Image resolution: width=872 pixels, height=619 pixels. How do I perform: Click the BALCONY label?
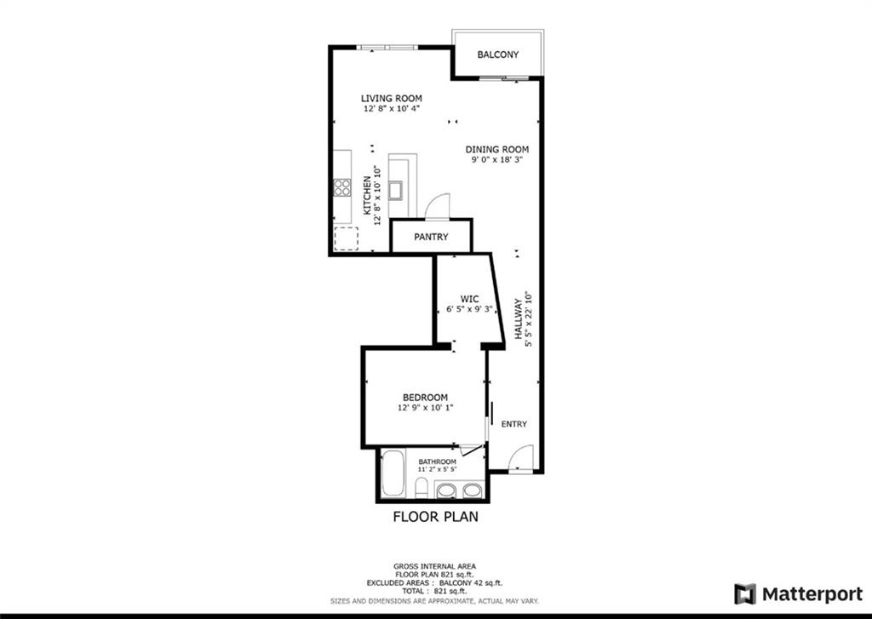click(x=497, y=54)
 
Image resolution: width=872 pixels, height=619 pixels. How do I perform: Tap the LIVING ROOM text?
click(x=391, y=99)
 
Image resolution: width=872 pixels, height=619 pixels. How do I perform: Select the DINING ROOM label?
click(x=497, y=149)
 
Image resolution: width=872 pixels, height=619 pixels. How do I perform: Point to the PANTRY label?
click(x=431, y=237)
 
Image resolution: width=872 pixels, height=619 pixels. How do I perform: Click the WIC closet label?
click(x=469, y=299)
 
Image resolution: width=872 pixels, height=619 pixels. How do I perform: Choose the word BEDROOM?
click(x=425, y=398)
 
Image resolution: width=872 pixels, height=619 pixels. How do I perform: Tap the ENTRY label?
click(x=513, y=424)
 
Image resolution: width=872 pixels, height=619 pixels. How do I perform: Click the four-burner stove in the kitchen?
click(x=342, y=187)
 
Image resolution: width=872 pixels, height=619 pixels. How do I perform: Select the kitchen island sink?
click(x=396, y=190)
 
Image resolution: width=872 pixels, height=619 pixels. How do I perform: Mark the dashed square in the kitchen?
click(x=346, y=239)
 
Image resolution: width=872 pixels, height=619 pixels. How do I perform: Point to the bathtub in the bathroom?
click(x=393, y=474)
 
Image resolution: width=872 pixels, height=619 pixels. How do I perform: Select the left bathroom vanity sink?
click(x=446, y=490)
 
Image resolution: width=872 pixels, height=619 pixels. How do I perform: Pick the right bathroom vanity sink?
click(x=472, y=490)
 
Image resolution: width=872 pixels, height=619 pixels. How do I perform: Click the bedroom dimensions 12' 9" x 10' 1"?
click(x=425, y=408)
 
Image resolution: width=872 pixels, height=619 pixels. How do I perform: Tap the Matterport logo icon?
click(x=745, y=593)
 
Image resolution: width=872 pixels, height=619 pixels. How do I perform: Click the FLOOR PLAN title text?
click(x=435, y=516)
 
